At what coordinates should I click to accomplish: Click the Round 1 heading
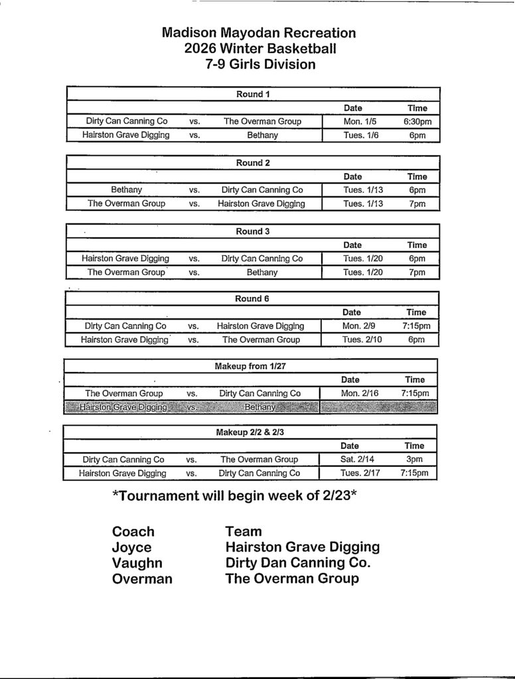coord(253,94)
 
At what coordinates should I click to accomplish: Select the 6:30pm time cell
coord(417,121)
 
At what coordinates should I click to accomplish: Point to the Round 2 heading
coord(253,162)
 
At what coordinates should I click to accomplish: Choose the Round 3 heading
coord(253,231)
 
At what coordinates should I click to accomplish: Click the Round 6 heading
coord(252,298)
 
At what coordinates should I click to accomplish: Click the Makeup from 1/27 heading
coord(250,366)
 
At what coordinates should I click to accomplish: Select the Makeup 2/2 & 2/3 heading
coord(250,432)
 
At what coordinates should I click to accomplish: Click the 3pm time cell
coord(415,459)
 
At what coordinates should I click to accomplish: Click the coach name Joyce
coord(131,548)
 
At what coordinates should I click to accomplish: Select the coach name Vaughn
coord(137,563)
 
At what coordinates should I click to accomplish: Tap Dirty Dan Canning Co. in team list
coord(298,563)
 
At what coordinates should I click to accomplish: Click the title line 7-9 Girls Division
coord(259,64)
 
